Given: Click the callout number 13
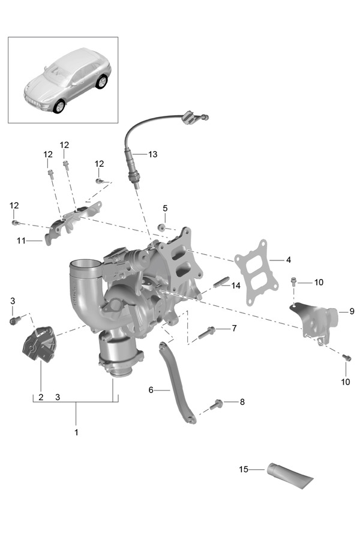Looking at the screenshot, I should click(152, 154).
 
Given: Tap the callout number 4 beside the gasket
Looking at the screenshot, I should click(289, 260).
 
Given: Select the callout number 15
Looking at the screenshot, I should click(244, 469).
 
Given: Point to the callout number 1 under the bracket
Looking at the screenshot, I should click(76, 431).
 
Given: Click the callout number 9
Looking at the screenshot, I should click(352, 311).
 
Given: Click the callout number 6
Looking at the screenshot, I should click(152, 390).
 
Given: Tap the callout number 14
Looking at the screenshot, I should click(236, 286).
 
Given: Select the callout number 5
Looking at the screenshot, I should click(165, 208).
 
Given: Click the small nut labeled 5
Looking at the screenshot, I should click(161, 227).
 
